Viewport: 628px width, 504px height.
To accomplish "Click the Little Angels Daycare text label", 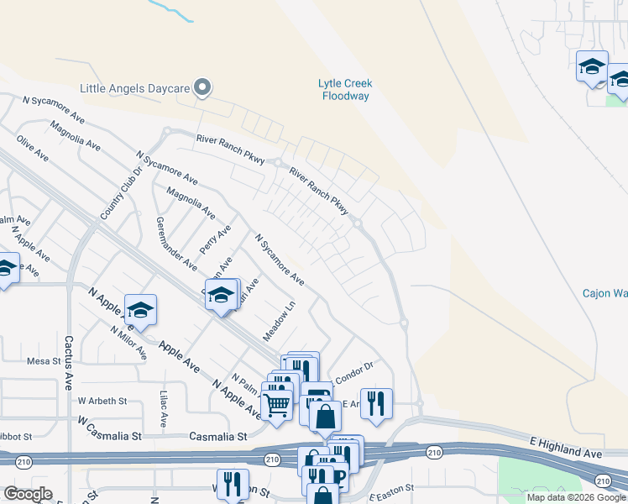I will [x=133, y=87].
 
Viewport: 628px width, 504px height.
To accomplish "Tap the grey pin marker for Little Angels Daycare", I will [x=201, y=87].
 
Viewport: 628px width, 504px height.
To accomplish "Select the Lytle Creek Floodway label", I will [x=344, y=89].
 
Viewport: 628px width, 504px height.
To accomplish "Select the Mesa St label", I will [x=44, y=361].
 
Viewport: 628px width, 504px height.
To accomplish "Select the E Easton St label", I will [x=392, y=488].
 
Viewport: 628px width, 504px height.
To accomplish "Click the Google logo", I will [x=28, y=494].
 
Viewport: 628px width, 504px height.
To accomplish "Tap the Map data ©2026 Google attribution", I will [x=576, y=497].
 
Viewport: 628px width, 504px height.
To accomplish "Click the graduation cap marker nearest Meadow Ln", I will [x=222, y=295].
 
